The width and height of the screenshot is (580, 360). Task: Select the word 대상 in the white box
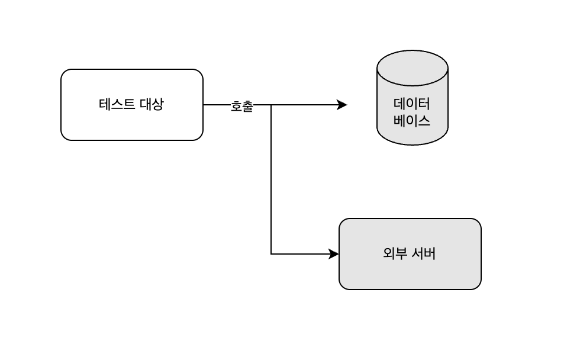click(152, 105)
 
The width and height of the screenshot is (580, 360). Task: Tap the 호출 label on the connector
click(241, 107)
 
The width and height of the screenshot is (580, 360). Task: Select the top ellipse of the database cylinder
click(413, 67)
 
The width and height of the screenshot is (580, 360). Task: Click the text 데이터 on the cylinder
click(413, 104)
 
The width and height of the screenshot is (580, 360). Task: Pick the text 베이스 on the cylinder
click(413, 121)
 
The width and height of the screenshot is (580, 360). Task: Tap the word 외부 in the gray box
click(393, 254)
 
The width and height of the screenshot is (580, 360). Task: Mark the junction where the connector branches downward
click(271, 105)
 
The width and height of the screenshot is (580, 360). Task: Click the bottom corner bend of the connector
click(271, 254)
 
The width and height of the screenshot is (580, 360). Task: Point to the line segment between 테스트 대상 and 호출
click(217, 105)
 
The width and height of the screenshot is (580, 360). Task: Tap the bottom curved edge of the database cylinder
click(413, 144)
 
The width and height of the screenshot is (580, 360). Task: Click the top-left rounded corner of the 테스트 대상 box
click(65, 73)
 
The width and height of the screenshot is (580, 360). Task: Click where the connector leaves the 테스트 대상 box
click(204, 105)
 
